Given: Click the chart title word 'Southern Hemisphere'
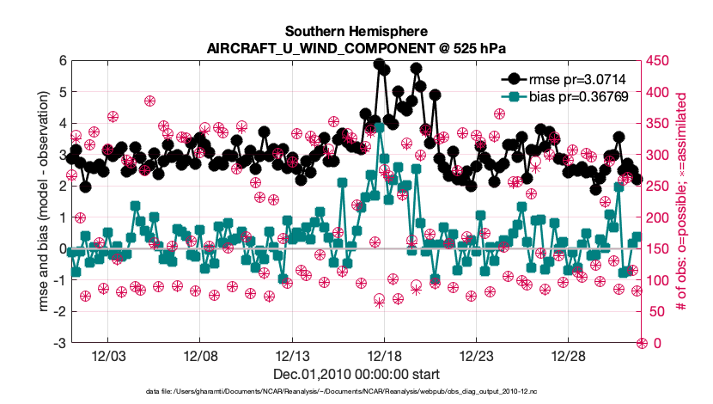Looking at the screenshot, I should pyautogui.click(x=356, y=32).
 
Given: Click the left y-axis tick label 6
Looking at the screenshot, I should pyautogui.click(x=63, y=60).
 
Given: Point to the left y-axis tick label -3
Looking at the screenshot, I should pyautogui.click(x=60, y=343).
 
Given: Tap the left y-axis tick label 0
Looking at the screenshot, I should pyautogui.click(x=63, y=248).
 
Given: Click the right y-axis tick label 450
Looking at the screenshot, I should pyautogui.click(x=660, y=60).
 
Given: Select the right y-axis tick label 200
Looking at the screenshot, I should pyautogui.click(x=660, y=217).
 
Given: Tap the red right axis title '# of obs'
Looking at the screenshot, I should pyautogui.click(x=685, y=202).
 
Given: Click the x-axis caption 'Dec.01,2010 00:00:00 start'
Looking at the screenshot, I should pyautogui.click(x=356, y=374).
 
